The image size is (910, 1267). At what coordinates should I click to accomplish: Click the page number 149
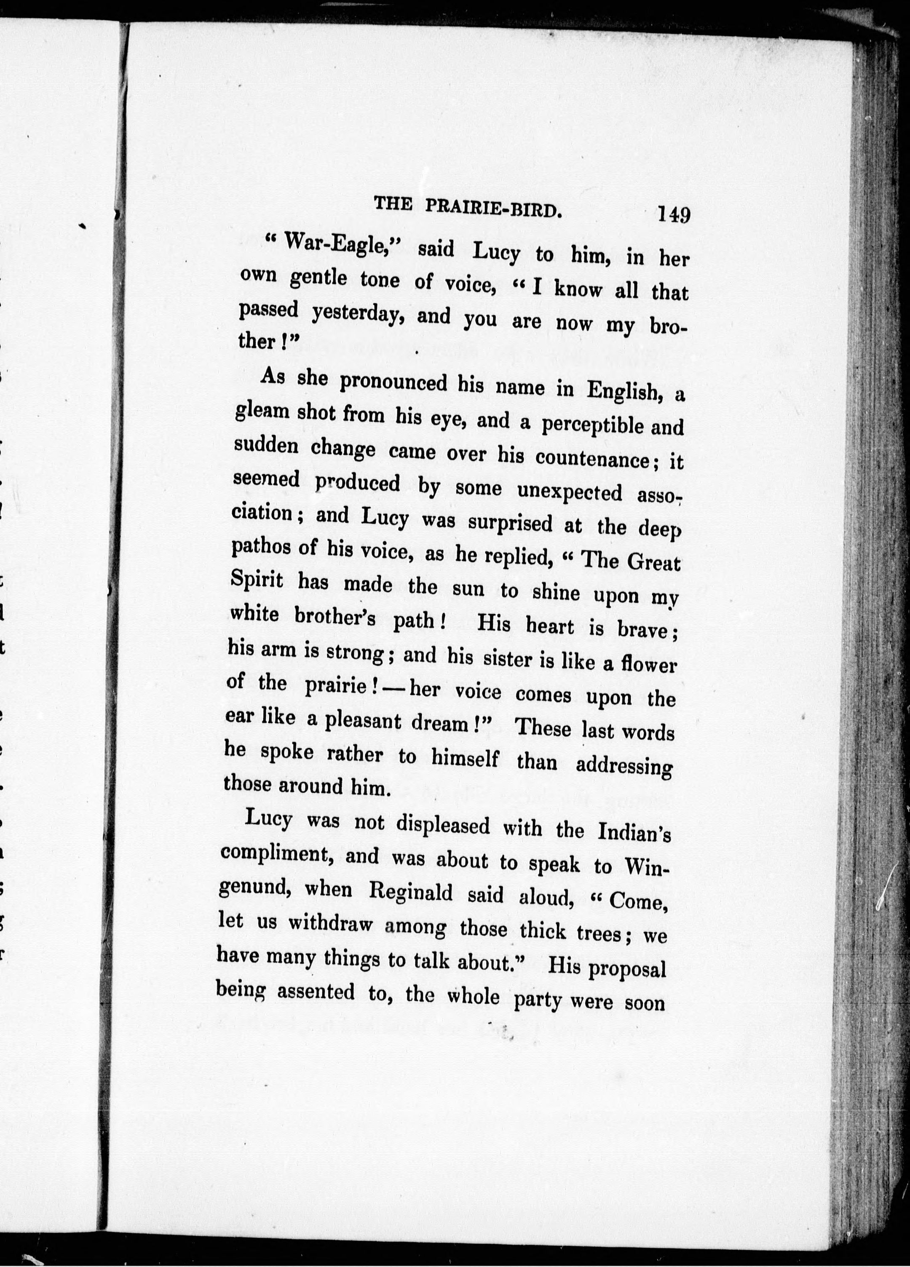[674, 214]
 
